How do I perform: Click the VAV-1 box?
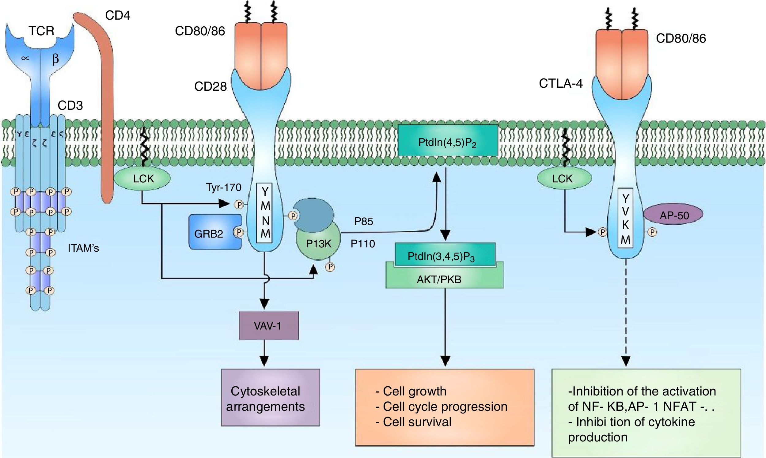point(269,326)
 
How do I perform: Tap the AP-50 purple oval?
point(674,215)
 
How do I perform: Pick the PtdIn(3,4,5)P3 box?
point(441,256)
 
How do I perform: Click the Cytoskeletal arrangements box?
point(270,399)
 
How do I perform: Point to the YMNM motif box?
point(266,213)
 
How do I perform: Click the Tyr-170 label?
point(224,187)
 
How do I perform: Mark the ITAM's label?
point(83,248)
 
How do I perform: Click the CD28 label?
point(210,87)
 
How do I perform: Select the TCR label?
point(41,31)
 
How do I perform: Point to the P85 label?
point(364,222)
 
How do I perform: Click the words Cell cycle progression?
point(445,407)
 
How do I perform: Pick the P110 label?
point(363,244)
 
